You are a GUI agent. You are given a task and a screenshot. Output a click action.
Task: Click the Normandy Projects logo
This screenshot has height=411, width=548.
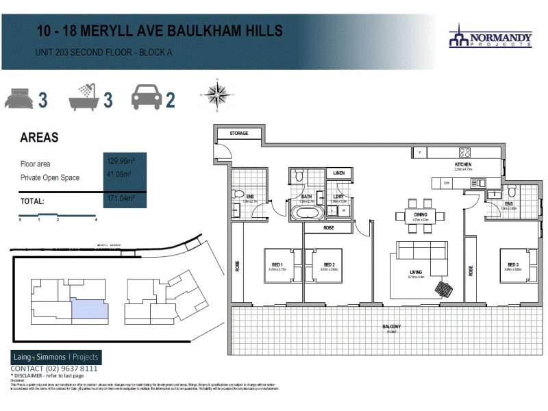490,36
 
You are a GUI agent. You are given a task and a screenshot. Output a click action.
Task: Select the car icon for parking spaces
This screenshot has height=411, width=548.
146,98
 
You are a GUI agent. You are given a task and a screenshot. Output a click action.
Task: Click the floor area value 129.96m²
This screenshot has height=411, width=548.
120,162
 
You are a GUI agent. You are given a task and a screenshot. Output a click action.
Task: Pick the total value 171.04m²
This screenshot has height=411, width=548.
120,199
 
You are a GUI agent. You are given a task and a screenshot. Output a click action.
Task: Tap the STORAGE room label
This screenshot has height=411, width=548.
238,133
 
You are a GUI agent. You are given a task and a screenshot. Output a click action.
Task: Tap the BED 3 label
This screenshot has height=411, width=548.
514,264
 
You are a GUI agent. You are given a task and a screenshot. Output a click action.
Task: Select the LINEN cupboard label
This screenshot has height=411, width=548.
338,174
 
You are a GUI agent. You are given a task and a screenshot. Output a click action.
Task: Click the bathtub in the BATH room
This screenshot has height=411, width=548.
306,212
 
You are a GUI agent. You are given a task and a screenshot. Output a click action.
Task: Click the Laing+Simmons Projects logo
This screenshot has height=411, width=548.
56,357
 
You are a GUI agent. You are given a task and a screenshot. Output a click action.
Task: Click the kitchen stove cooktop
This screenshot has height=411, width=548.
465,153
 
